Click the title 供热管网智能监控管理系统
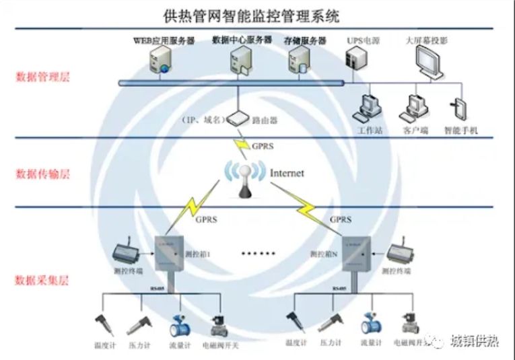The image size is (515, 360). pos(255,13)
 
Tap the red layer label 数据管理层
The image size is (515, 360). pos(42,76)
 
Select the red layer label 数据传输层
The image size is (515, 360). pos(42,174)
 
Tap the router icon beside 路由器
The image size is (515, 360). pos(237,120)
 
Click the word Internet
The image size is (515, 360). pos(287,173)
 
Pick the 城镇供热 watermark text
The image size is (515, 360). pos(475,340)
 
